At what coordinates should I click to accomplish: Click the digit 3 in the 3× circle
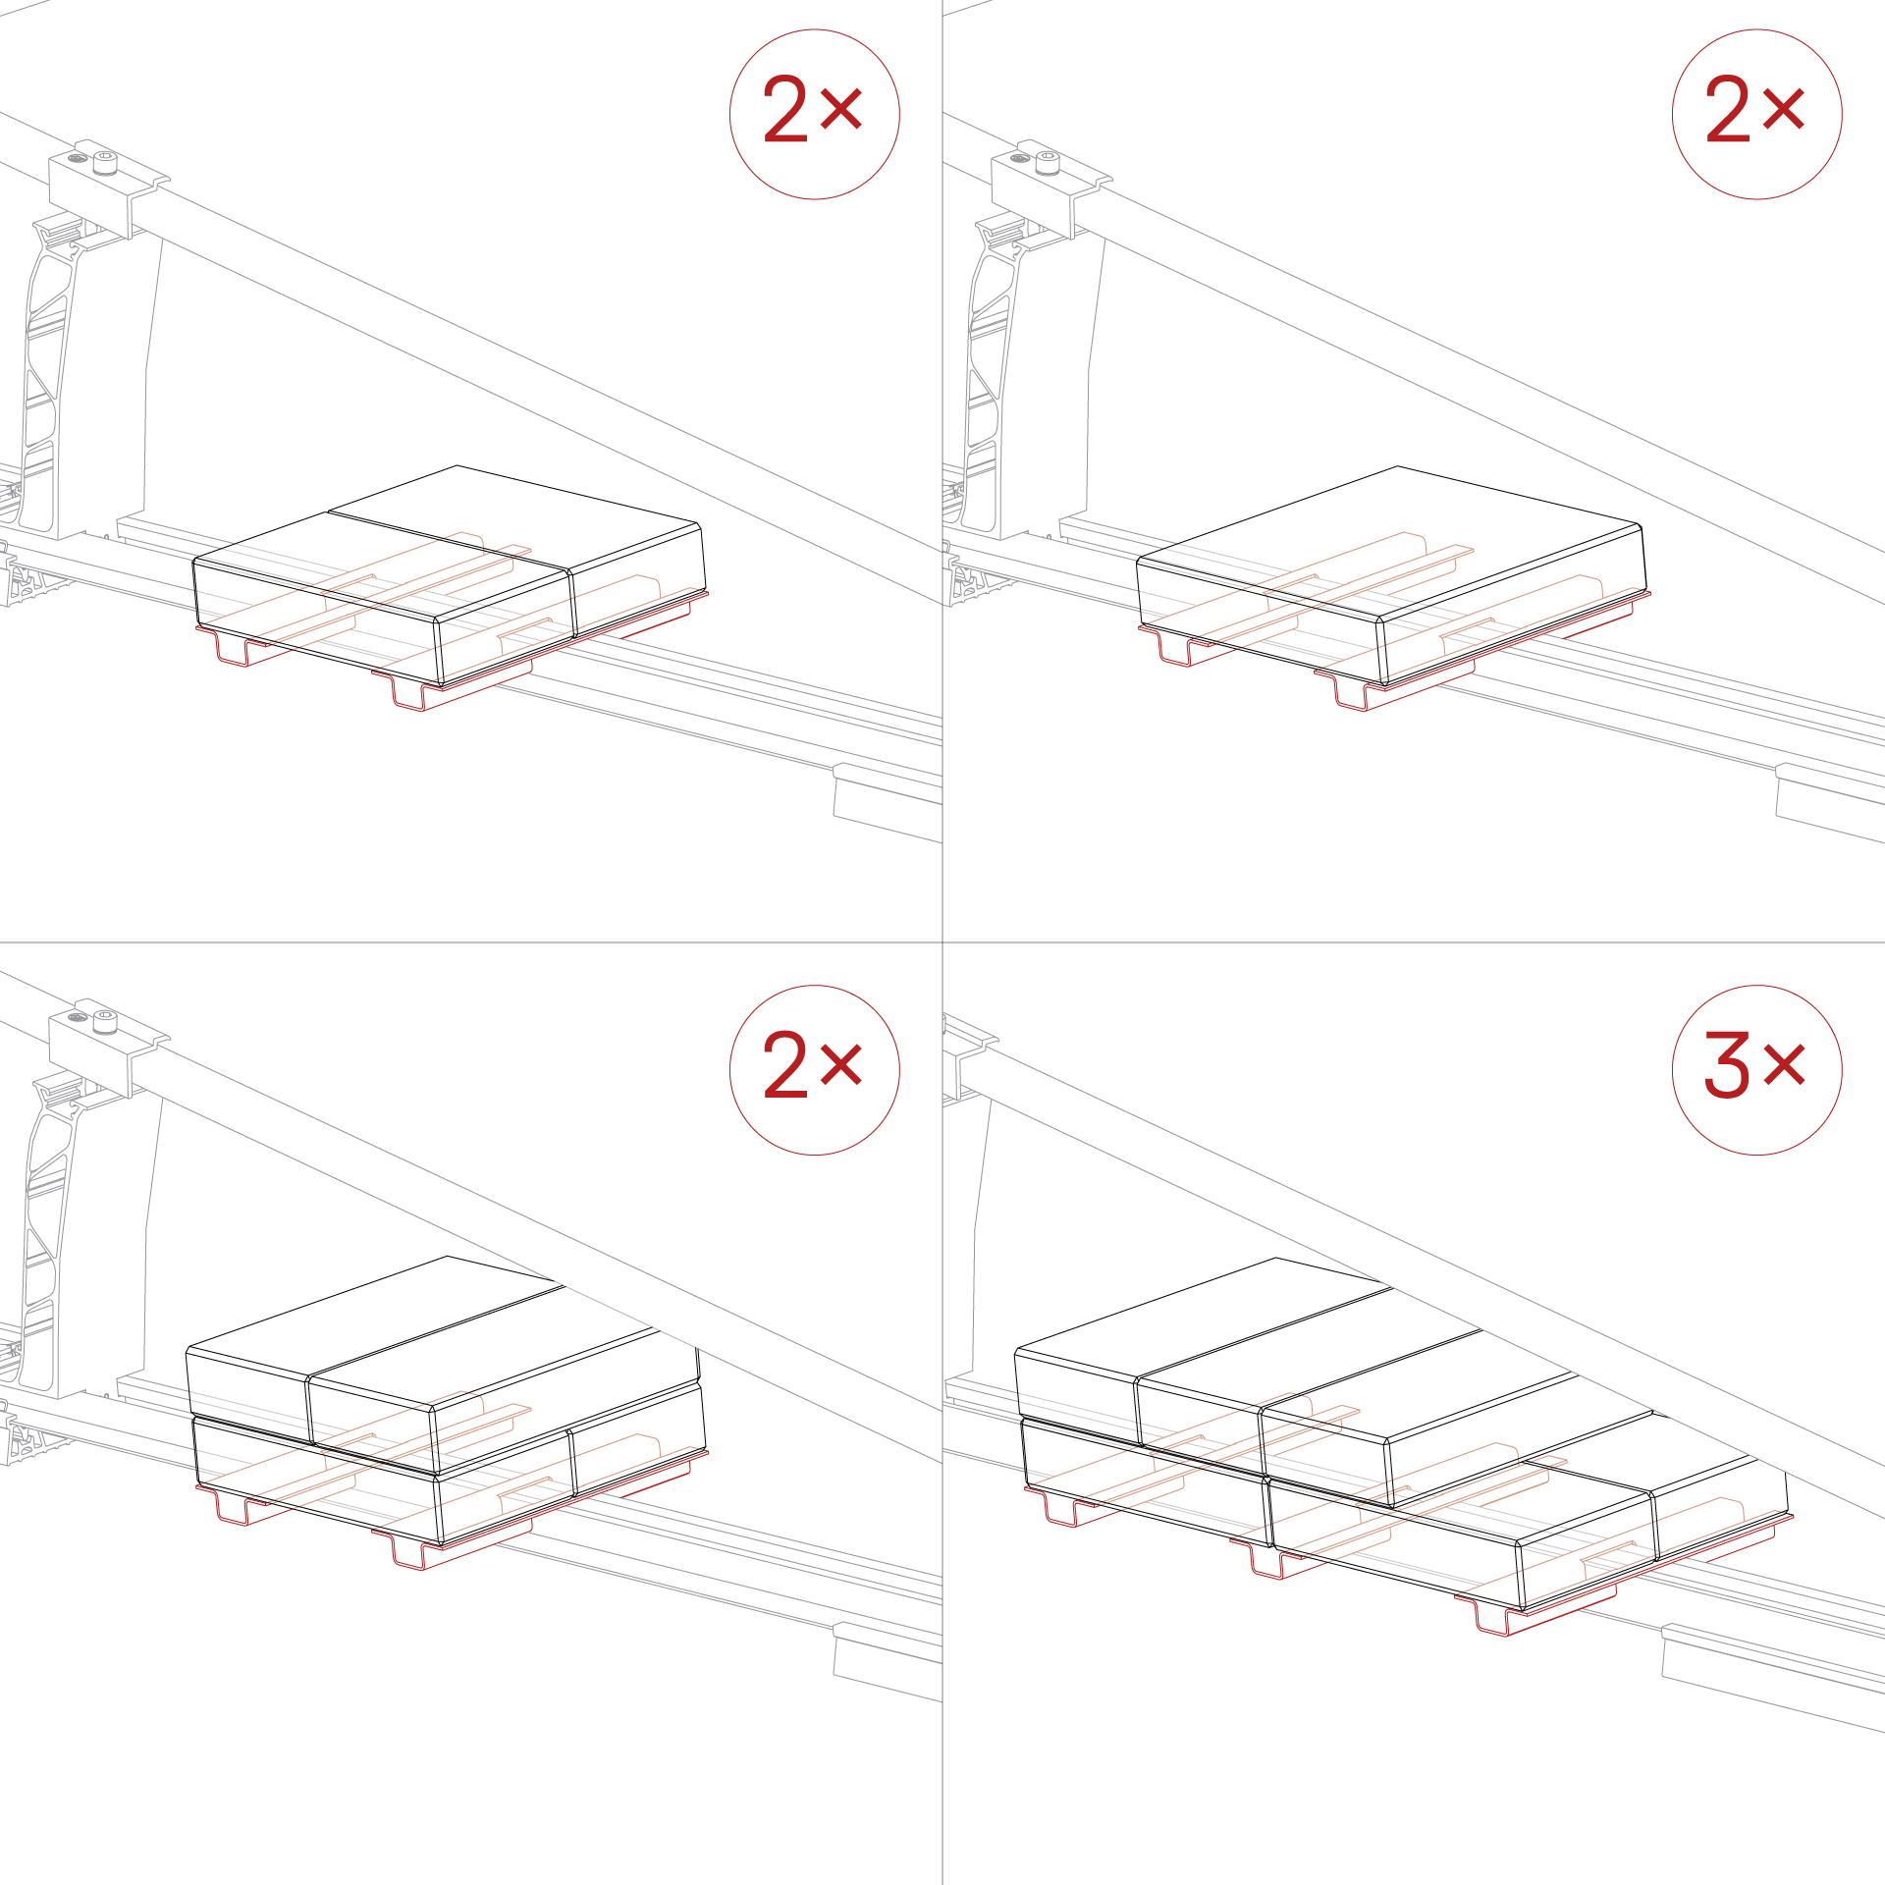click(x=1727, y=1064)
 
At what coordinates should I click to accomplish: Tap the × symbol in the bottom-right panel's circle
click(x=1785, y=1064)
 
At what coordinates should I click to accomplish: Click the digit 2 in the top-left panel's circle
click(x=784, y=109)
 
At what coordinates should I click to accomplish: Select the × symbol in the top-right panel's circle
click(x=1784, y=109)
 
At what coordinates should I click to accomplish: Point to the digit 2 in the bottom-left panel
click(x=784, y=1064)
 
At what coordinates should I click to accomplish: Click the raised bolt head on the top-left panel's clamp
click(x=105, y=162)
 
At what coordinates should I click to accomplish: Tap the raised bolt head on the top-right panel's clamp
click(x=1048, y=162)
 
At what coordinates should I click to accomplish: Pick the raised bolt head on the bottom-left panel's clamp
click(x=105, y=1022)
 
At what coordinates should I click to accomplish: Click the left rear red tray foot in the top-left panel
click(x=233, y=648)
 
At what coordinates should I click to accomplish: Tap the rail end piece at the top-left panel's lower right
click(x=888, y=803)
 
